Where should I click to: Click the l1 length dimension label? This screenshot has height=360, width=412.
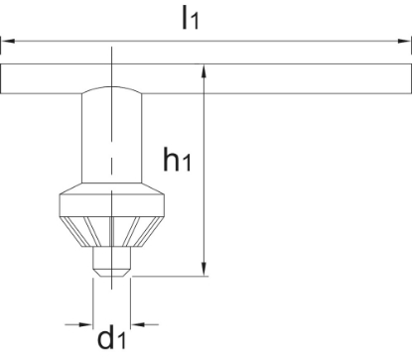coord(191,18)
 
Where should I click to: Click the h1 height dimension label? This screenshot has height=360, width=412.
coord(178,160)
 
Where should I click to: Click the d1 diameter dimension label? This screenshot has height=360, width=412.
coord(112,337)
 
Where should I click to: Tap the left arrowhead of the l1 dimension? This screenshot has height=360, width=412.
coord(8,41)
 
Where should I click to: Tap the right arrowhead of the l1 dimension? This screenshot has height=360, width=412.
coord(404,41)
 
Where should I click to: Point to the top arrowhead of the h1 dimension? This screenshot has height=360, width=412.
coord(204,71)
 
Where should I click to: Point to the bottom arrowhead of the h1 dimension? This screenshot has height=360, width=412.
coord(204,269)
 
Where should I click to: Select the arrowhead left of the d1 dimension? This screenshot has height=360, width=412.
coord(85,324)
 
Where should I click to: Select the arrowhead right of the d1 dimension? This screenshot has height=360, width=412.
coord(138,324)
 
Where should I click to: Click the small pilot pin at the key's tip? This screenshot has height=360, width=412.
coord(112,262)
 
